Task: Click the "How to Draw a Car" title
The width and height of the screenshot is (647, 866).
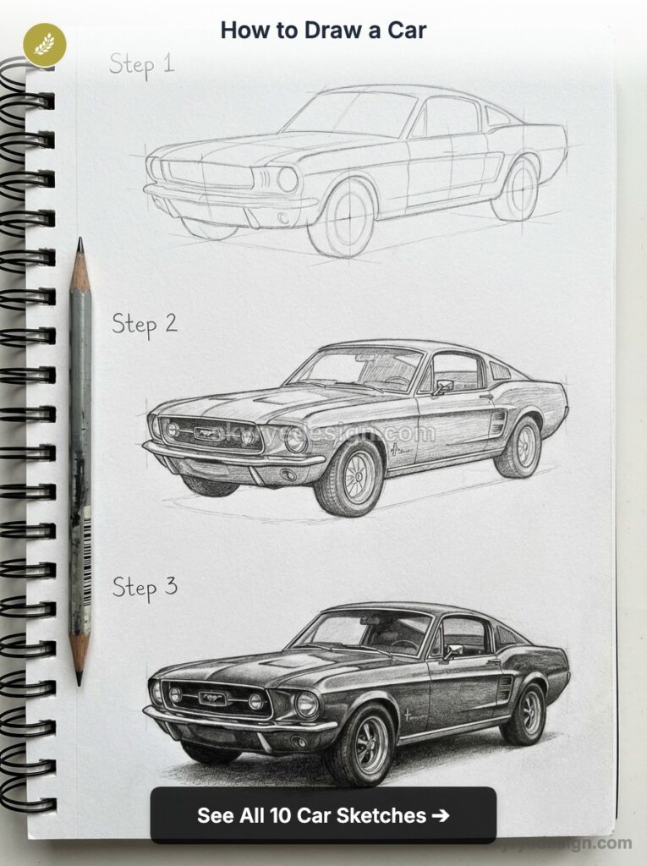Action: (323, 31)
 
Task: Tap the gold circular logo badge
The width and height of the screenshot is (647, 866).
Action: (45, 44)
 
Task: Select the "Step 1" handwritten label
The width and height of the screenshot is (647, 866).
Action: (141, 64)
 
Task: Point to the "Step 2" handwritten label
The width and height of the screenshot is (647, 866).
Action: (145, 324)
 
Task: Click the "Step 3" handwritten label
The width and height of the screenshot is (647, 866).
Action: (145, 587)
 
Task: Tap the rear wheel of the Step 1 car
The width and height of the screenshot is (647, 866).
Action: (517, 189)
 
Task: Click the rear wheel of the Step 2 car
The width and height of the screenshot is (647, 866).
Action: (519, 447)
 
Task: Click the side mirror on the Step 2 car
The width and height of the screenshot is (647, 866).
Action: (443, 386)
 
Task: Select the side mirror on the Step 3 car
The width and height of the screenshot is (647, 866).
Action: (452, 651)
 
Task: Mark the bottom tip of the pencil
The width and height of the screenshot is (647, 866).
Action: (80, 681)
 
